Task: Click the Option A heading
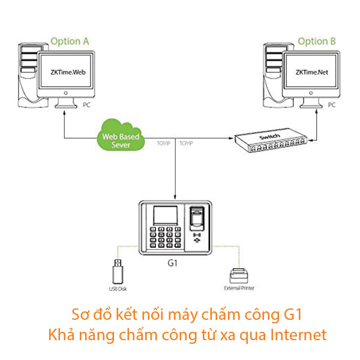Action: click(x=70, y=41)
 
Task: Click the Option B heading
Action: click(x=316, y=41)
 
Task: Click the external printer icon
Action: click(x=239, y=276)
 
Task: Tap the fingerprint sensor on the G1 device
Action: click(x=196, y=218)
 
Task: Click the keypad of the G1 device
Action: click(x=165, y=238)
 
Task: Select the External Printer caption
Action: click(x=239, y=289)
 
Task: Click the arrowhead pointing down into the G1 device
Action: click(x=175, y=197)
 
